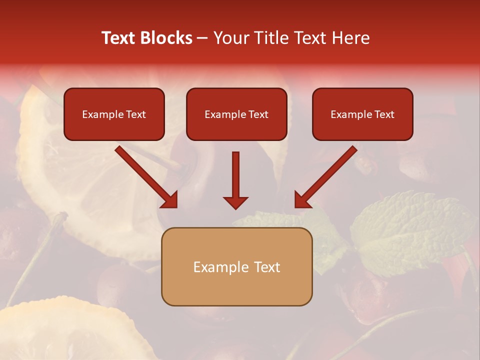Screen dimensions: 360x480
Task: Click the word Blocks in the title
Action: pos(166,38)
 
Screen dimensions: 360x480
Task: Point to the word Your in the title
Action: pos(229,38)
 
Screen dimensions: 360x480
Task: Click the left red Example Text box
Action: pos(114,114)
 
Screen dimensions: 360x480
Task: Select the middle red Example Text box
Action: pos(236,114)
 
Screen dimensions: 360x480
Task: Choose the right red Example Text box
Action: pos(362,114)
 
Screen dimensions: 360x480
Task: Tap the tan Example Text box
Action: pos(236,266)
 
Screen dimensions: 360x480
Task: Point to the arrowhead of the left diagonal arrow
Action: pos(170,199)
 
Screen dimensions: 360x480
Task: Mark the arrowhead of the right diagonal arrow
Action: pos(302,199)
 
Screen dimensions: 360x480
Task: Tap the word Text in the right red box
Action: pos(384,114)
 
